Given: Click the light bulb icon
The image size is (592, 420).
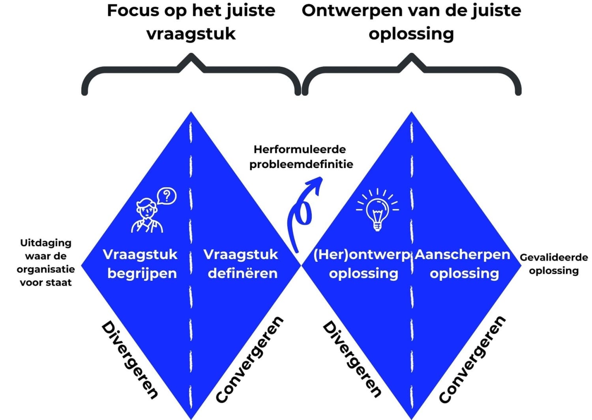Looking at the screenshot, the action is click(377, 210).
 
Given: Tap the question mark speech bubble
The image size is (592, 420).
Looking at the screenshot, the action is click(167, 196).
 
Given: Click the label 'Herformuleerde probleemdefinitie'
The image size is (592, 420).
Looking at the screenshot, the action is click(301, 157).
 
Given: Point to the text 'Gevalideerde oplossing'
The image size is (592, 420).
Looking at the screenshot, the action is click(554, 264).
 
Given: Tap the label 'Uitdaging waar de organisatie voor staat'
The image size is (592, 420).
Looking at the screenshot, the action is click(46, 263).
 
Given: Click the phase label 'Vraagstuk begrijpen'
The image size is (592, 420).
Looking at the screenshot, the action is click(141, 263).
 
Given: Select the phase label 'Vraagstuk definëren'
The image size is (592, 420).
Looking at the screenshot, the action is click(241, 263).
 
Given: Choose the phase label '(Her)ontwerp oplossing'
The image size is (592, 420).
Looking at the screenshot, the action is click(362, 263).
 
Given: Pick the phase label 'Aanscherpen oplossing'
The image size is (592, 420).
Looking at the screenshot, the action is click(463, 263).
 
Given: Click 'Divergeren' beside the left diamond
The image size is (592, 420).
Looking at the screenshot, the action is click(130, 360).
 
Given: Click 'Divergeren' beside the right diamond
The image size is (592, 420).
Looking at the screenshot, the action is click(352, 359).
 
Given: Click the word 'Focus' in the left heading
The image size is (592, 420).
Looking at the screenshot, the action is click(133, 11).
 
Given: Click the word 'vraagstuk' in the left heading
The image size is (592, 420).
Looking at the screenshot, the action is click(191, 34).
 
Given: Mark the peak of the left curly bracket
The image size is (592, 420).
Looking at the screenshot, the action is click(191, 55).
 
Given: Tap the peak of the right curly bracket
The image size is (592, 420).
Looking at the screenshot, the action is click(412, 55).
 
